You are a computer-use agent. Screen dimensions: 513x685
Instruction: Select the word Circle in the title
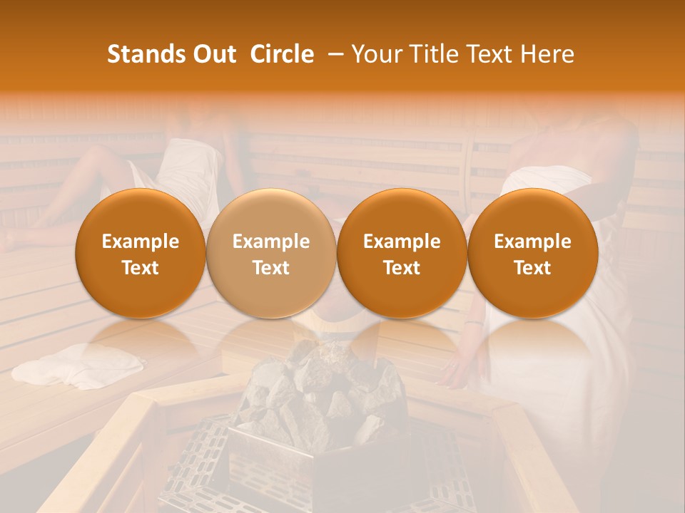click(282, 55)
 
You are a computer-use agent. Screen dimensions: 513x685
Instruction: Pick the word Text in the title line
click(488, 55)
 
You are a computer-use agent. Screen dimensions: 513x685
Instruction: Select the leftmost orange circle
click(141, 254)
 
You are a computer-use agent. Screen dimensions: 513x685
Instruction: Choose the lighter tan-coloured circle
click(271, 254)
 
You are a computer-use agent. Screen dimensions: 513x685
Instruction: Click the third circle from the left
click(402, 254)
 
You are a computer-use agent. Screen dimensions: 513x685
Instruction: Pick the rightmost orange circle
click(532, 254)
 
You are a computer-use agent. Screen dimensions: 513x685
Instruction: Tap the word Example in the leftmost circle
click(141, 242)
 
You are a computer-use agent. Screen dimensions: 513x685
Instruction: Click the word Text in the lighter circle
click(271, 268)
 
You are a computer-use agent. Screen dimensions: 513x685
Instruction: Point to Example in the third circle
click(402, 242)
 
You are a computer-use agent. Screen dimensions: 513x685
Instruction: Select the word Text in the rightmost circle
click(532, 268)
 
